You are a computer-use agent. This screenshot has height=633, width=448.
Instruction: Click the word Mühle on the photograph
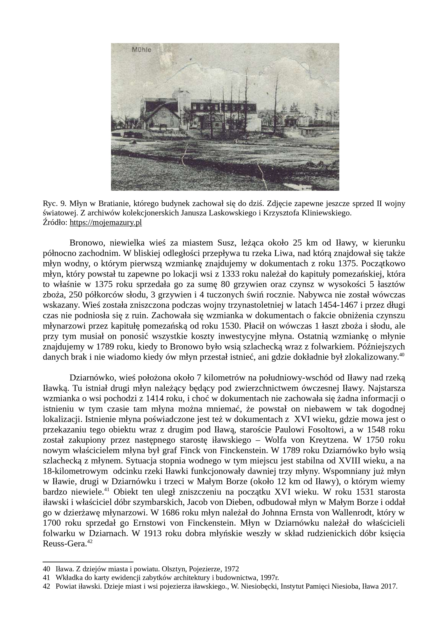pos(142,50)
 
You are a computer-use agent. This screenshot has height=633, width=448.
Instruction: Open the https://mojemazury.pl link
pos(106,223)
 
